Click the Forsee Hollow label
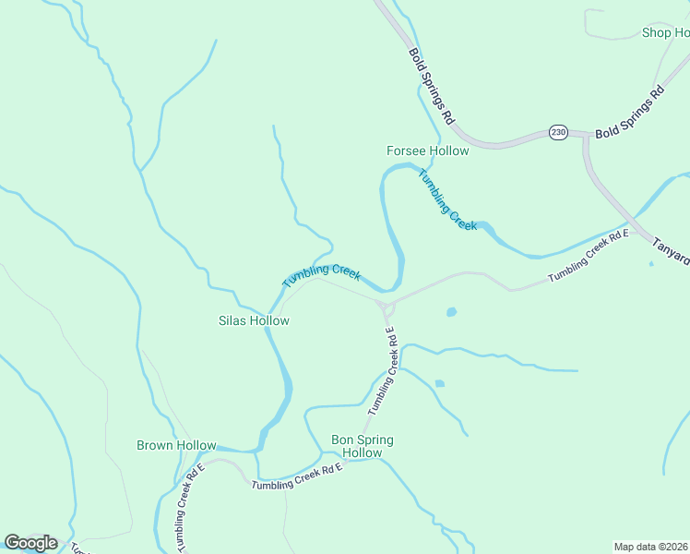click(x=427, y=151)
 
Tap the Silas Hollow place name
click(x=254, y=321)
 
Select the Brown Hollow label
click(x=176, y=445)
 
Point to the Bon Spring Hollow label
click(x=362, y=447)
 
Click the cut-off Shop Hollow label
click(x=665, y=33)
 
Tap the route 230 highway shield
click(x=558, y=133)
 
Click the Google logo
click(x=30, y=543)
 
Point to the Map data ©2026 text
click(x=651, y=547)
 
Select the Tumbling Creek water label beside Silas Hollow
click(x=321, y=275)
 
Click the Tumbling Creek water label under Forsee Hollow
click(x=447, y=199)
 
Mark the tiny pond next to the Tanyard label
click(x=651, y=264)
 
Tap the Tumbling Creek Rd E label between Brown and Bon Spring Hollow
click(x=297, y=476)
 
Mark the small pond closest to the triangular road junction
click(x=451, y=312)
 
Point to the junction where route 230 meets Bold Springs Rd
click(x=585, y=135)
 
